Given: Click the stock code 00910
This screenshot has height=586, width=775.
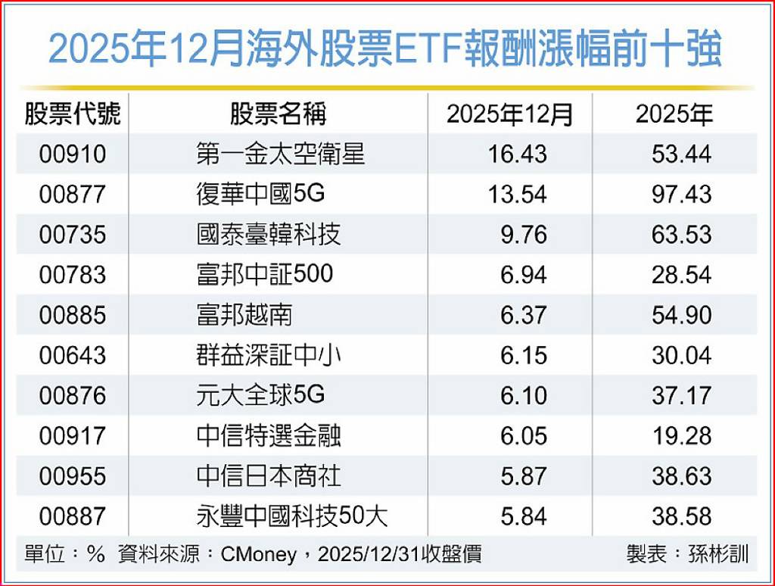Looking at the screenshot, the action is click(x=73, y=154).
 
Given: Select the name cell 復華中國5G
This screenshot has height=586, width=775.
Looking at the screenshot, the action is click(x=260, y=193).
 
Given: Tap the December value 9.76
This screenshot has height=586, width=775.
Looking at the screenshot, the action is click(x=524, y=235).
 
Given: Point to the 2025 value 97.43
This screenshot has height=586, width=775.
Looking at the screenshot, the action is click(x=682, y=194).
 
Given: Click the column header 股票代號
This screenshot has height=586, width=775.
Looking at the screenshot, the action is click(x=73, y=114).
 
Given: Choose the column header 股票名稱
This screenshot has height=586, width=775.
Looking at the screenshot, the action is click(x=279, y=114).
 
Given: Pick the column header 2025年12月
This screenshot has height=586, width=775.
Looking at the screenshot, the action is click(x=509, y=114).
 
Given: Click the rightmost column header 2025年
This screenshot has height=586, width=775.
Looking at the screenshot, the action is click(x=674, y=114).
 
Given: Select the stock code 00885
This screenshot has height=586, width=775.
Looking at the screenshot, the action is click(x=73, y=315).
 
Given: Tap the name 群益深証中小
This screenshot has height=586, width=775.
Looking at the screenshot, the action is click(x=269, y=355).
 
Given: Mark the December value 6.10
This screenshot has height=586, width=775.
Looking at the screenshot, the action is click(x=524, y=396).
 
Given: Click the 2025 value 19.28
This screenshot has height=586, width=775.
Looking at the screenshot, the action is click(x=682, y=436).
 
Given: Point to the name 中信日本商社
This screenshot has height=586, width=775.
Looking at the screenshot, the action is click(x=269, y=475).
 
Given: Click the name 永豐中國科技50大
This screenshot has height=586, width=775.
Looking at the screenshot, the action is click(x=292, y=516).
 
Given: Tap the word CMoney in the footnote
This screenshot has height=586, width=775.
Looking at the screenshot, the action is click(x=259, y=555).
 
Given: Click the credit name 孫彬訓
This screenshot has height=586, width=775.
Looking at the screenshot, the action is click(x=719, y=554).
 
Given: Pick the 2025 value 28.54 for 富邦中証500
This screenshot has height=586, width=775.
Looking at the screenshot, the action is click(x=682, y=275).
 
